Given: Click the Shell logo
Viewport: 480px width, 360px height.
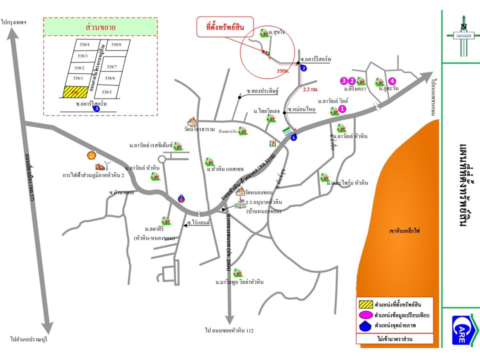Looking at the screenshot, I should [x=91, y=156].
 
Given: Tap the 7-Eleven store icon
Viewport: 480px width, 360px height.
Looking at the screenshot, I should [x=273, y=142].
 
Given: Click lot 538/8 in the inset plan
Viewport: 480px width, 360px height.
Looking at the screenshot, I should [x=116, y=44].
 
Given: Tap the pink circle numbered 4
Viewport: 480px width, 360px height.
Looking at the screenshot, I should [x=392, y=80].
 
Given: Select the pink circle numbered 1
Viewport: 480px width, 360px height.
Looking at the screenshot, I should [x=342, y=108].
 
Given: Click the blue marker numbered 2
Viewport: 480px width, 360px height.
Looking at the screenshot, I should [x=303, y=68].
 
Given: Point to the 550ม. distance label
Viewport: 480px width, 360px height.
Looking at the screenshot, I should [x=282, y=71].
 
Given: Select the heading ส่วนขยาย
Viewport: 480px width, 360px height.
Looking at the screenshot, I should [x=100, y=27].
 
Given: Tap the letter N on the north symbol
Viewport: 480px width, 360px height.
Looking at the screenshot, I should [x=463, y=28].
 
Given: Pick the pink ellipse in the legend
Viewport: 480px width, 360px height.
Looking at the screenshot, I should [x=365, y=315].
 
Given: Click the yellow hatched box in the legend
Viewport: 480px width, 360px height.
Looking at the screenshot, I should [x=365, y=303].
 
